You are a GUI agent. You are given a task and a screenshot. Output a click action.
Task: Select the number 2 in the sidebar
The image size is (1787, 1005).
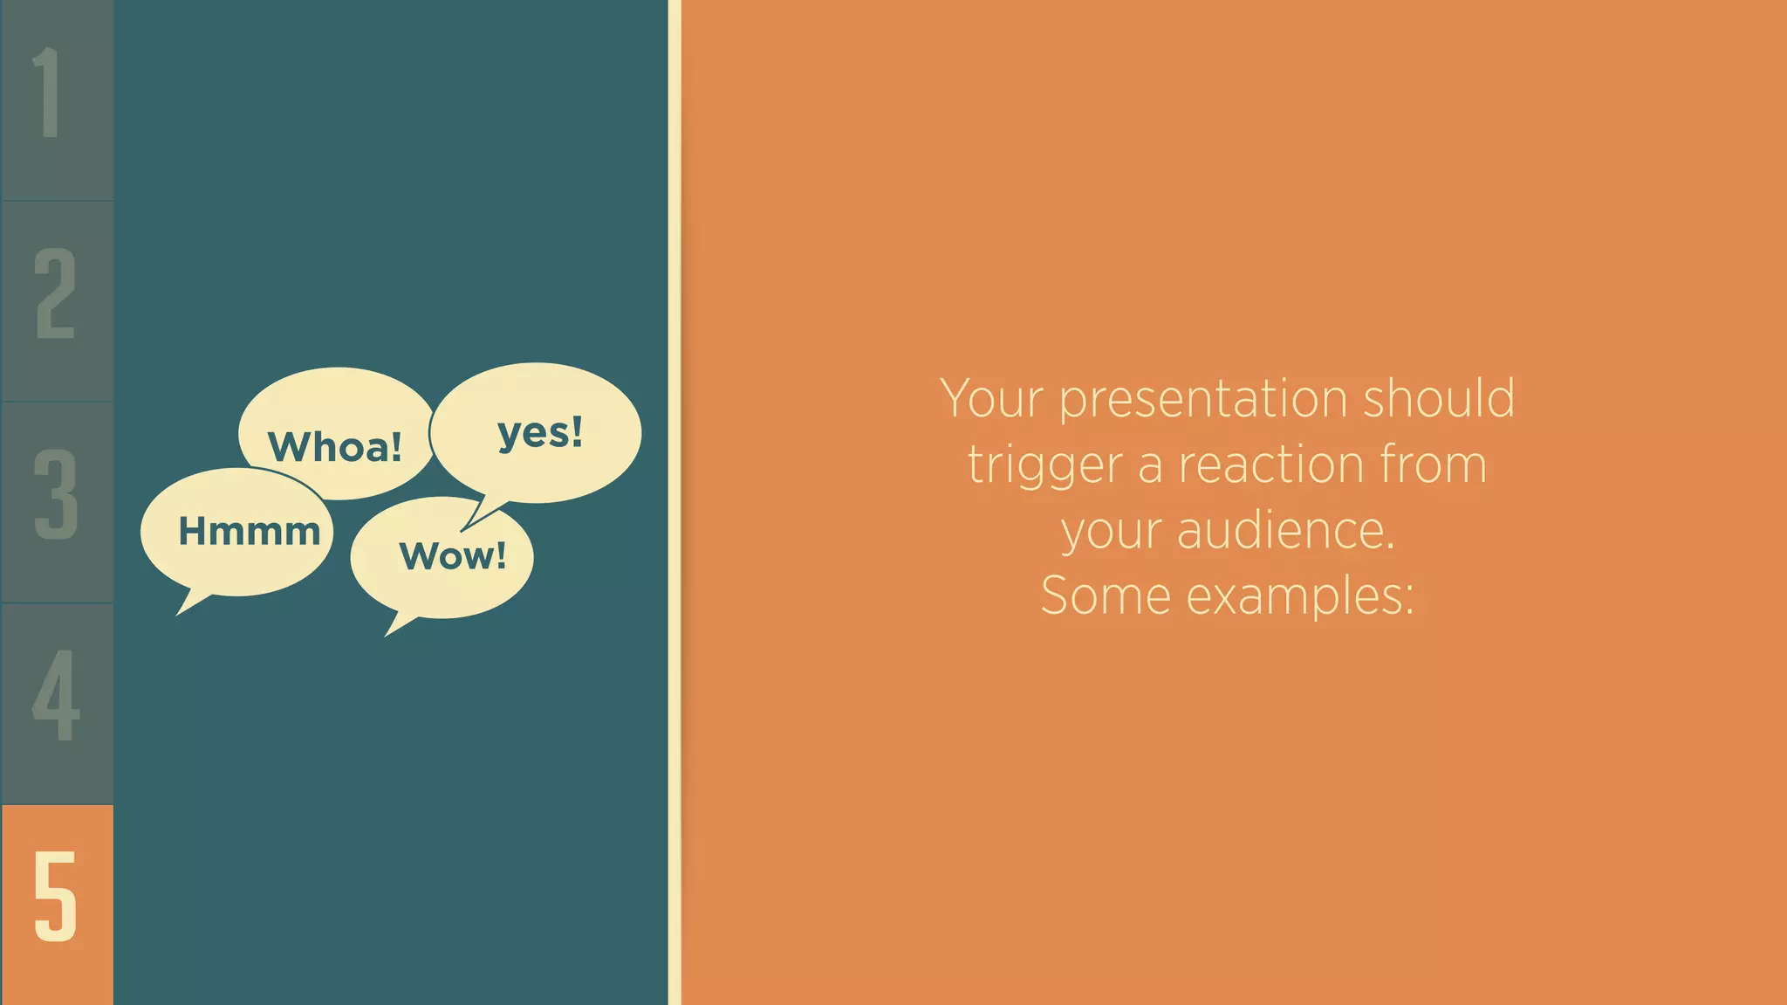click(x=55, y=293)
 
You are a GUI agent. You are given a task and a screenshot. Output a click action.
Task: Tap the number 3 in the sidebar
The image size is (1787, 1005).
click(x=56, y=494)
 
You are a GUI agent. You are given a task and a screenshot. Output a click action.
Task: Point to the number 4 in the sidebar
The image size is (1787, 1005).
click(x=56, y=695)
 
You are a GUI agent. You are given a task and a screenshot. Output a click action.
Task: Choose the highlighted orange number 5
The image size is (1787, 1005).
click(x=56, y=897)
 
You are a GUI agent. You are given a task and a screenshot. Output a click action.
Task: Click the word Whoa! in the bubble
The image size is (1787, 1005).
click(x=335, y=447)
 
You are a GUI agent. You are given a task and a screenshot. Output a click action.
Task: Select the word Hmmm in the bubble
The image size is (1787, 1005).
click(x=250, y=531)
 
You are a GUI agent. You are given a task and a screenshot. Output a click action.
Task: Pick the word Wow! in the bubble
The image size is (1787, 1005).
click(x=453, y=556)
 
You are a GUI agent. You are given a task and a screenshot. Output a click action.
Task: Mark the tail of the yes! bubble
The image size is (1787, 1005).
click(x=479, y=515)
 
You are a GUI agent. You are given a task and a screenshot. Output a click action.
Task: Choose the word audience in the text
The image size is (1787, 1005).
click(x=1285, y=531)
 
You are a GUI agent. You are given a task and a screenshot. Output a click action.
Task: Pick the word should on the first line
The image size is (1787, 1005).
click(x=1439, y=398)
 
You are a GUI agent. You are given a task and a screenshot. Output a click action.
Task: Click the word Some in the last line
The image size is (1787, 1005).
click(x=1105, y=595)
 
